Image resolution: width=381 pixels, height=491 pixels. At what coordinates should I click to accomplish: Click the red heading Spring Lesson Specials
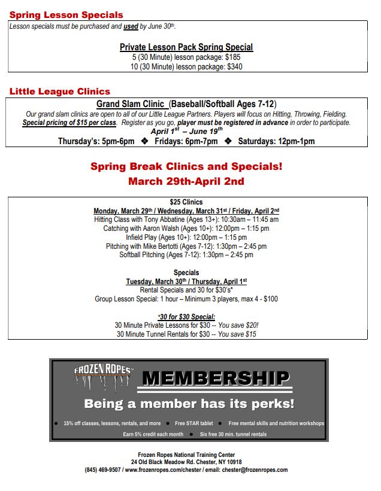pos(66,15)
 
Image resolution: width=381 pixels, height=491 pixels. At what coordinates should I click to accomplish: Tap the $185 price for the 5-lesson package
pos(232,57)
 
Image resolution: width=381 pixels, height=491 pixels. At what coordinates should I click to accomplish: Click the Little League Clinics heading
pos(60,92)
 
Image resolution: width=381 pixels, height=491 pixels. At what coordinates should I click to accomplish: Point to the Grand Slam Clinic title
pos(131,103)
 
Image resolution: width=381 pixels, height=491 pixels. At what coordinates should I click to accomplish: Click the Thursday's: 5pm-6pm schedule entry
pos(96,141)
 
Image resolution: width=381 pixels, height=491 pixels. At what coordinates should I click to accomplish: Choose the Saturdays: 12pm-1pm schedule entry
pos(276,141)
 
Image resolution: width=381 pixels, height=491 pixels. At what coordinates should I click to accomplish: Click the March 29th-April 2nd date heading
pos(186,181)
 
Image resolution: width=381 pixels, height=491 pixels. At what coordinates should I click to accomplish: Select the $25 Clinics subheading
pos(186,202)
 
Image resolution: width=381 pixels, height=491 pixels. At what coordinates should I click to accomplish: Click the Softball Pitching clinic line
pos(186,255)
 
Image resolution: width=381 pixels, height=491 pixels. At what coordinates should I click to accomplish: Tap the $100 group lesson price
pos(270,298)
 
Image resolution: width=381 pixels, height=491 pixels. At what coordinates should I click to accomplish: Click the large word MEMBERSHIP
pos(216,378)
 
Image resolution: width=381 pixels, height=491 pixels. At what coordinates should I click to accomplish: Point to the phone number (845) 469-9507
pos(103,470)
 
